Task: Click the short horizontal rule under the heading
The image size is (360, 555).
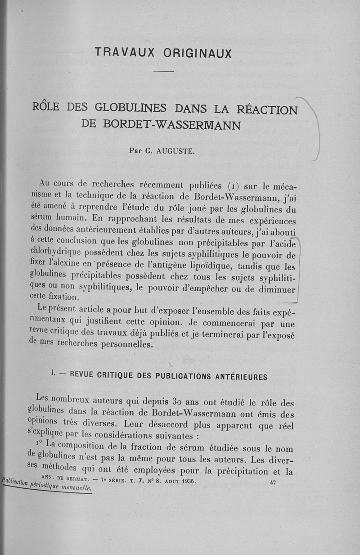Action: click(163, 72)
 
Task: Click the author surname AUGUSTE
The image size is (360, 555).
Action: click(175, 151)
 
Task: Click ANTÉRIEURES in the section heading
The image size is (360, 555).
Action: click(240, 377)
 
